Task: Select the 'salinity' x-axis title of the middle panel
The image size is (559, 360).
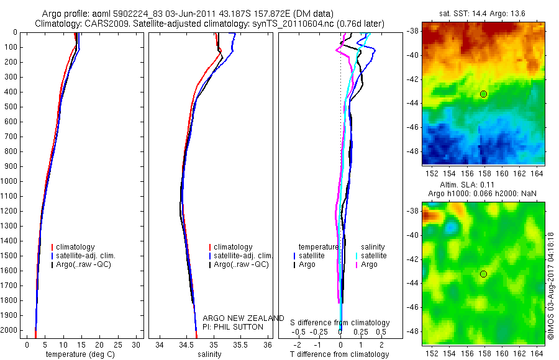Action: point(209,354)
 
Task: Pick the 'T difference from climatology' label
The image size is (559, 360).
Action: point(339,354)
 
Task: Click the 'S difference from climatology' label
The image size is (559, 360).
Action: point(340,323)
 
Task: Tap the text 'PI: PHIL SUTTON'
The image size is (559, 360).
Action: point(233,326)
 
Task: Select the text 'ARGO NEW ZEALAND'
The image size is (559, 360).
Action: point(243,318)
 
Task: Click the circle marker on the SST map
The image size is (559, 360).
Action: point(483,94)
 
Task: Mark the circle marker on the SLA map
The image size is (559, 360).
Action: point(483,274)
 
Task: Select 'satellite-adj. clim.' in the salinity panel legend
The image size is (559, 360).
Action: point(243,256)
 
